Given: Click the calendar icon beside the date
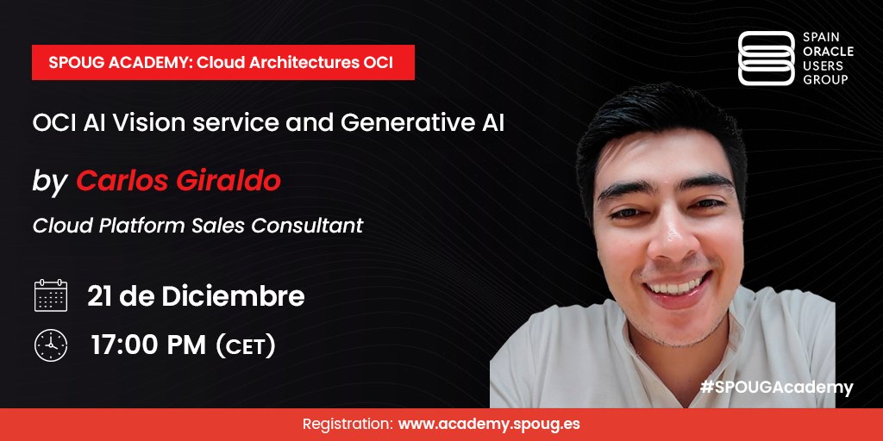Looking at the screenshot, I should tap(50, 295).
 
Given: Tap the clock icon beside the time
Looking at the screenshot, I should tap(50, 345).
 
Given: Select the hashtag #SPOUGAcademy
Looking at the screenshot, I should tap(776, 388).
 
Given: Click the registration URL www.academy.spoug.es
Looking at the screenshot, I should tap(488, 425).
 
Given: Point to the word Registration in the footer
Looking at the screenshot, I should tap(348, 425).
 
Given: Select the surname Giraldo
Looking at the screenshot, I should tap(233, 182).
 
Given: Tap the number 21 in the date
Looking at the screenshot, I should tap(101, 296).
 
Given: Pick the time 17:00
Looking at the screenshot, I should tap(121, 346).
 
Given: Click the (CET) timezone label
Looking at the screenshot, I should tap(245, 346).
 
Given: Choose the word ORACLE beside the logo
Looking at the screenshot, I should tap(828, 52).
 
